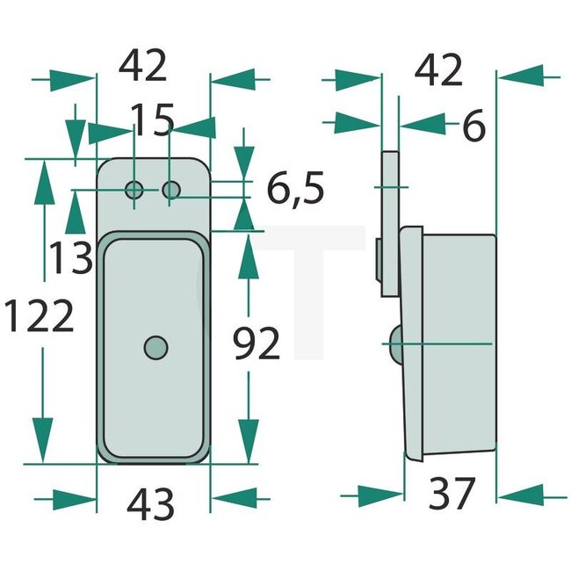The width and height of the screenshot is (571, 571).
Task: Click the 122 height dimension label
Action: point(38,317)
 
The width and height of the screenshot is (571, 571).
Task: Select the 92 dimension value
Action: point(256,343)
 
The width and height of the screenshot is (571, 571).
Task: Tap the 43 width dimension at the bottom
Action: point(151,503)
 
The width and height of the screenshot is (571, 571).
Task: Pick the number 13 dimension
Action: point(70,258)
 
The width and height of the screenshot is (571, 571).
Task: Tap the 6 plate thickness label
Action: point(473,128)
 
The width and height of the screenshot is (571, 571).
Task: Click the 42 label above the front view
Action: point(144,67)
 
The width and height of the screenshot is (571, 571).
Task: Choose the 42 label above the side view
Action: point(438,70)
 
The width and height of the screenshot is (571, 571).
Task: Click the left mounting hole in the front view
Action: point(134,189)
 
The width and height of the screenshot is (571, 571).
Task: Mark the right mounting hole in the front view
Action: point(172,189)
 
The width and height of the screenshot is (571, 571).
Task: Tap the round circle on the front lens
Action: point(155,347)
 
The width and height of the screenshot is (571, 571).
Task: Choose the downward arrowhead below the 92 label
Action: point(249,434)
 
